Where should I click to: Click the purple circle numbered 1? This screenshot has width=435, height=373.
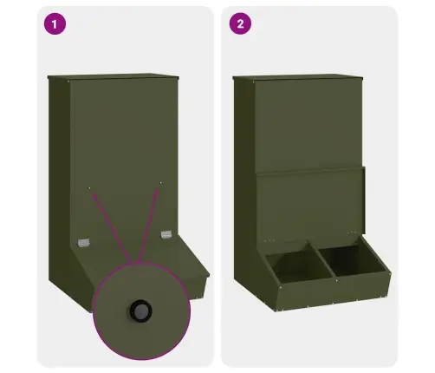(x=55, y=24)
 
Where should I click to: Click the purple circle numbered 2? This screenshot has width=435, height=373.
(x=240, y=23)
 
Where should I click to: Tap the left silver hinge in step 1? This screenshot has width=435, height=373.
(x=84, y=243)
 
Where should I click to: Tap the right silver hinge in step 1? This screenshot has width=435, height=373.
(x=166, y=234)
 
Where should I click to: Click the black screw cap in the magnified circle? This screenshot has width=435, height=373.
(x=141, y=311)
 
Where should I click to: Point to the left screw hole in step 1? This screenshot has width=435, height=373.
(x=89, y=188)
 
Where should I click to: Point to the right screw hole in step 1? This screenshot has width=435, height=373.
(x=160, y=182)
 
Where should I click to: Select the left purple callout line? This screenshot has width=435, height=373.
(x=111, y=228)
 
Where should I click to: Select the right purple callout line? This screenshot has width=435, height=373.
(x=148, y=226)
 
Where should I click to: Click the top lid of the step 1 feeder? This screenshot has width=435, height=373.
(x=114, y=76)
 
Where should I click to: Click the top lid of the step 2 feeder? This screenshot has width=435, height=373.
(x=298, y=77)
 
